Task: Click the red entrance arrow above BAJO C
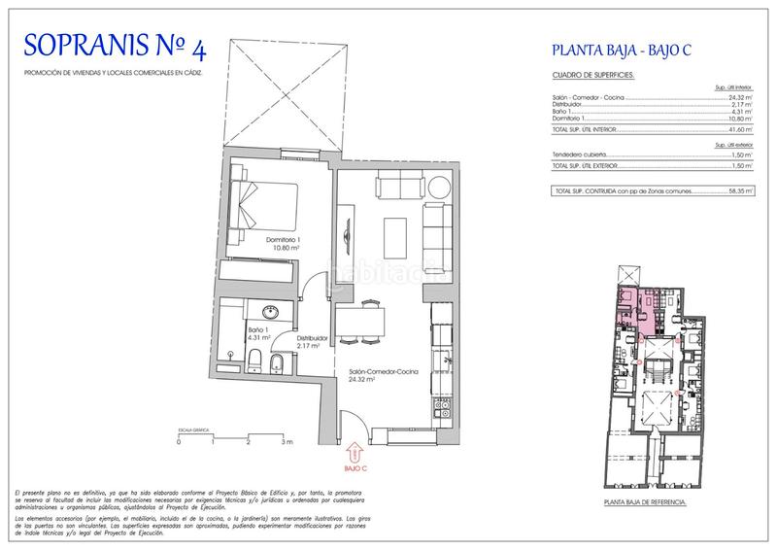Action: pos(355,450)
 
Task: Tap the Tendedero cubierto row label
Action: pos(582,154)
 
